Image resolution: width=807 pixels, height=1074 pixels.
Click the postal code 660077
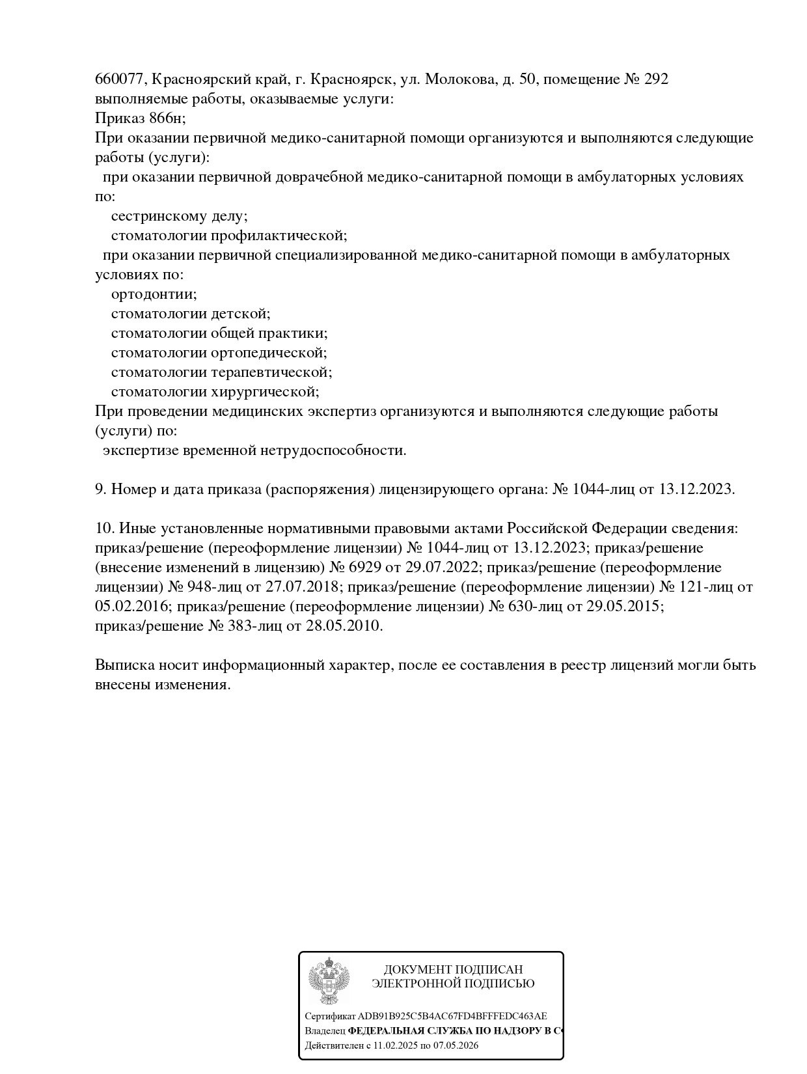pyautogui.click(x=121, y=79)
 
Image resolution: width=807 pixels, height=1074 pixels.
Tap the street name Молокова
pyautogui.click(x=460, y=79)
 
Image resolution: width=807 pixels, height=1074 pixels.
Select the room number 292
pyautogui.click(x=655, y=79)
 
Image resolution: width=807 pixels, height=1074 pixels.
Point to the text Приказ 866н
pyautogui.click(x=140, y=118)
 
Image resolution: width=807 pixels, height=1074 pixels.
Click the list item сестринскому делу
pyautogui.click(x=179, y=216)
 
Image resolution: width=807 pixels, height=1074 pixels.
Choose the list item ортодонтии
pyautogui.click(x=154, y=294)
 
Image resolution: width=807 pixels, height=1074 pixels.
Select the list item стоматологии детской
pyautogui.click(x=190, y=314)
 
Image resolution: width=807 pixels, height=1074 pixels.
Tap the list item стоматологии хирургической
pyautogui.click(x=215, y=392)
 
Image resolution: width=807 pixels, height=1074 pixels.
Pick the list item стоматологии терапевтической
pyautogui.click(x=221, y=372)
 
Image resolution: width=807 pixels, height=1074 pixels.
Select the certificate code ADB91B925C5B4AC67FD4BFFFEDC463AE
pyautogui.click(x=452, y=1016)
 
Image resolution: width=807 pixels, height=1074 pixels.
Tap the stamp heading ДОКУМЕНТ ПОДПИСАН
pyautogui.click(x=453, y=970)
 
